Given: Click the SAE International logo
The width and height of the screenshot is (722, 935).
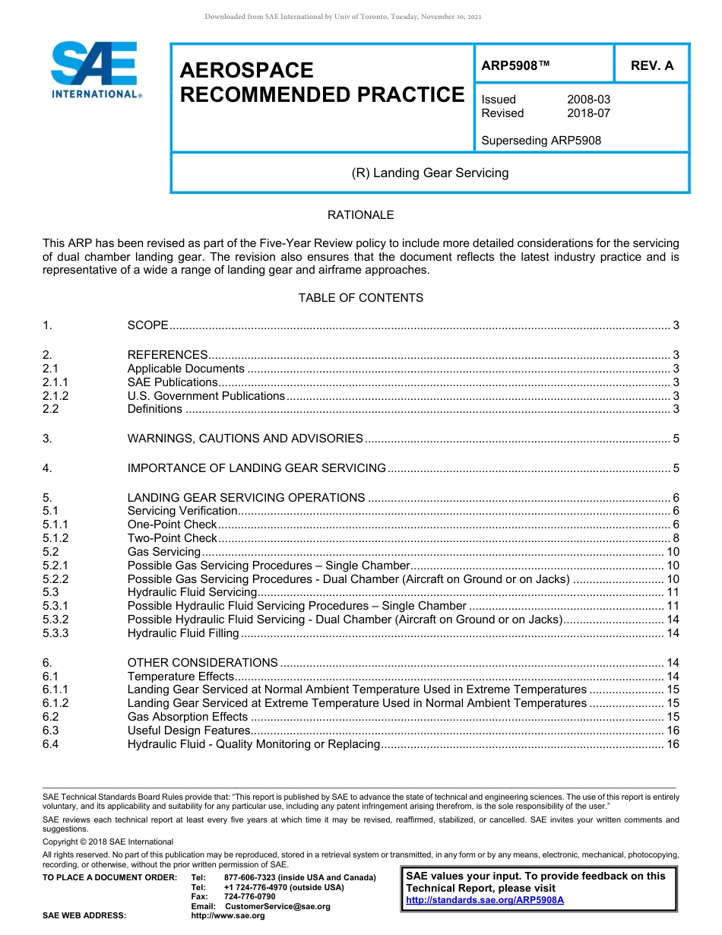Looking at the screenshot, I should (95, 71).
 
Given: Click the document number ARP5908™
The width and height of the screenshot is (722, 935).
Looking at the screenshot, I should (515, 65).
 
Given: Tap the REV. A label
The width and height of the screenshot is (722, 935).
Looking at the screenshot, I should (652, 65).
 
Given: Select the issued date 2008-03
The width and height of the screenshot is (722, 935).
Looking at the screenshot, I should (588, 100).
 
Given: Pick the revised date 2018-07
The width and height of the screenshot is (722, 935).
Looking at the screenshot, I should (588, 113).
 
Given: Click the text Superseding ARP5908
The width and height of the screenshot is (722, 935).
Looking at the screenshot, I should (541, 141).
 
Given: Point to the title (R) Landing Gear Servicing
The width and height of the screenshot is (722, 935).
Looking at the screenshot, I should (430, 173).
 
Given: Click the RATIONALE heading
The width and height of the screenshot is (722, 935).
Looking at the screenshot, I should (360, 215).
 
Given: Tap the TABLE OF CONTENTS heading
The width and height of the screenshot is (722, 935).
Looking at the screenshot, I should (360, 298).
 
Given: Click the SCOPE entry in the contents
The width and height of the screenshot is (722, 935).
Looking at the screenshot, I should (148, 325).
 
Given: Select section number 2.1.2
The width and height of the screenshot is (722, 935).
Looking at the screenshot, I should (55, 396).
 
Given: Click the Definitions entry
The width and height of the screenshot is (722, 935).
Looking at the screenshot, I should (155, 410).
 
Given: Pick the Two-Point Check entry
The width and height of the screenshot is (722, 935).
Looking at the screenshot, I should (173, 538).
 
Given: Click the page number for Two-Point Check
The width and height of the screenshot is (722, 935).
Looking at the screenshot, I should (676, 538).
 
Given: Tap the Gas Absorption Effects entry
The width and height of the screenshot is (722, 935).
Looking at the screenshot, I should (188, 717).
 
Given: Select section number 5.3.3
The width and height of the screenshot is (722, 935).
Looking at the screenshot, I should (55, 633).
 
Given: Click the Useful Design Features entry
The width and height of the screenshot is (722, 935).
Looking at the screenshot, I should (188, 731).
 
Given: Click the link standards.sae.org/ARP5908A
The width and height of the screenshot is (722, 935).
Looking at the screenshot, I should (485, 900).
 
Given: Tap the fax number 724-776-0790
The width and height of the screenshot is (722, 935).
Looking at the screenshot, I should (250, 897).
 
